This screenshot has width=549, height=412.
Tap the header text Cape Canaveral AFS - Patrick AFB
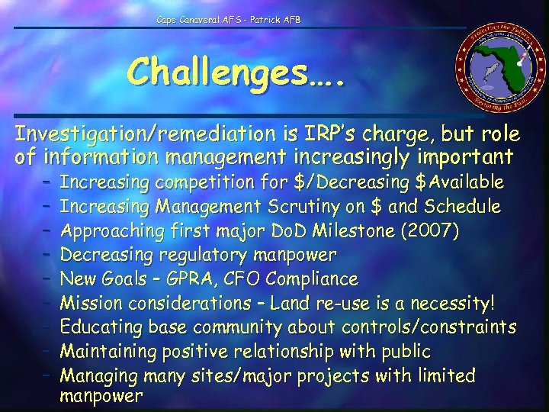[229, 19]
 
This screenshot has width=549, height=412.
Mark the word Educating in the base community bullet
[95, 327]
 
